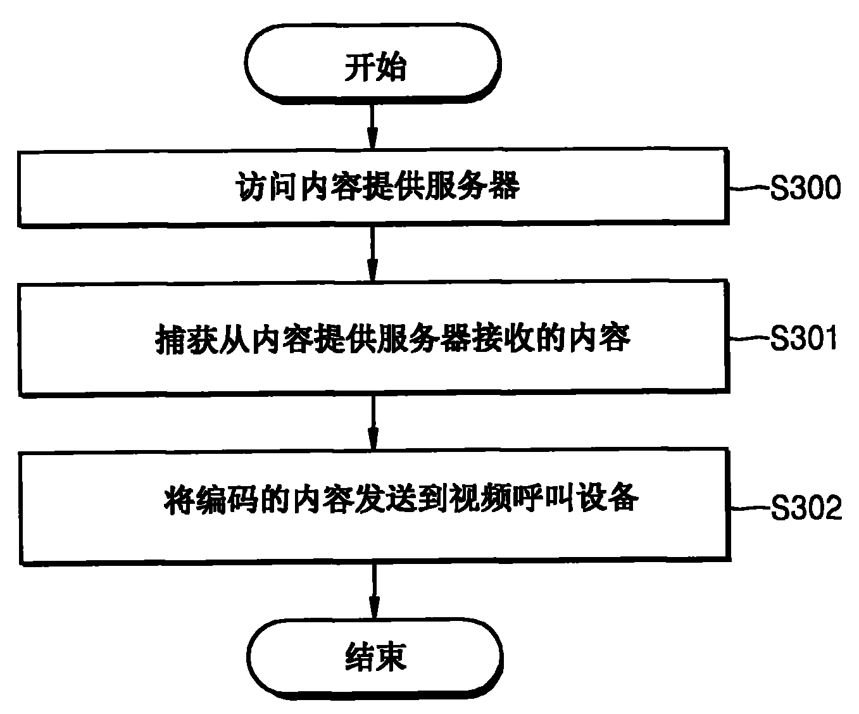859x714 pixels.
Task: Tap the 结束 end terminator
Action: point(374,658)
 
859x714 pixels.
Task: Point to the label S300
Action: point(805,189)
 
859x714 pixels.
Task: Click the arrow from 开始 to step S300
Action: point(372,127)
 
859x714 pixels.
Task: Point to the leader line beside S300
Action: point(749,188)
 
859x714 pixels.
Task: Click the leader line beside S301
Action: point(749,339)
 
